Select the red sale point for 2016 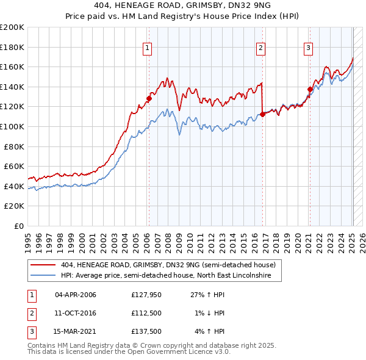click(262, 113)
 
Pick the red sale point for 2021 click(310, 89)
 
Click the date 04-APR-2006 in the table click(76, 295)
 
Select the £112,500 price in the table click(147, 313)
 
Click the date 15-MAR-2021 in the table click(76, 331)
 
